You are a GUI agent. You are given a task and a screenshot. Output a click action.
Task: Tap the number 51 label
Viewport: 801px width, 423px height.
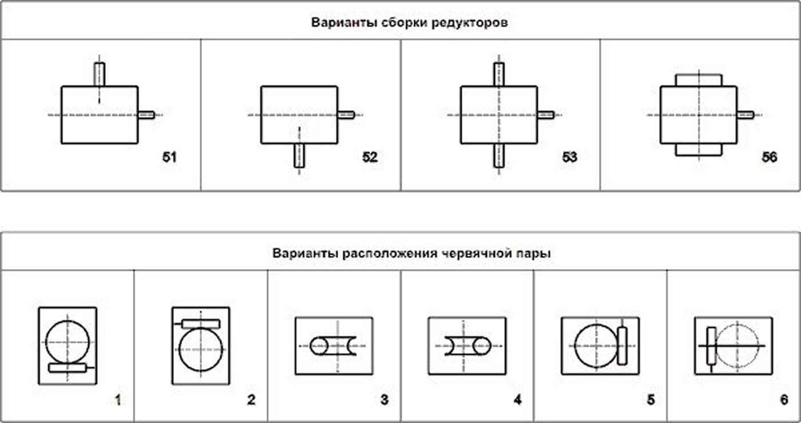click(x=169, y=157)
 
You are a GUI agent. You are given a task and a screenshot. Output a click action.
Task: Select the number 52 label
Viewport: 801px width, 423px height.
click(x=370, y=157)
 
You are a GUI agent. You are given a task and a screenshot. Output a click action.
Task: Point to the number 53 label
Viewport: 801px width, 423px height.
click(x=569, y=157)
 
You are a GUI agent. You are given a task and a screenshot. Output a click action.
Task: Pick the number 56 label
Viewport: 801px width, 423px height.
click(x=769, y=157)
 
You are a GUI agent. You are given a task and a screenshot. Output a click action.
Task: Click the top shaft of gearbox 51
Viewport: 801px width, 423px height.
click(x=100, y=74)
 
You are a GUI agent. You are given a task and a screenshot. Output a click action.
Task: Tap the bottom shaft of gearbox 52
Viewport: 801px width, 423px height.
click(x=299, y=155)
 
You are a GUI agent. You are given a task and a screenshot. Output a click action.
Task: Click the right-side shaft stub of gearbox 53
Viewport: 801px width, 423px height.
click(x=545, y=115)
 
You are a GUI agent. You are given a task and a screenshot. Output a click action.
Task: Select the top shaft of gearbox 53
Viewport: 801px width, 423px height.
click(x=499, y=74)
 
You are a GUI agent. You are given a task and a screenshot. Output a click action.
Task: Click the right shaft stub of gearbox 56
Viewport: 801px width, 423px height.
click(x=745, y=115)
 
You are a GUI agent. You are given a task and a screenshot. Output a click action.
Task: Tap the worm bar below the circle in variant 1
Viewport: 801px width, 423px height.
click(x=68, y=368)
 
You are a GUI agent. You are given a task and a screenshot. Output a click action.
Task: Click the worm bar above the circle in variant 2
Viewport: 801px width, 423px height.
click(x=200, y=324)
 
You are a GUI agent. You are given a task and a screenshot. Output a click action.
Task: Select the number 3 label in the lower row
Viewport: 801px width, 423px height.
click(x=384, y=400)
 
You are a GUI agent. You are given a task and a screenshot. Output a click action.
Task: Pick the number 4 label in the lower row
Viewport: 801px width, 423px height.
click(x=517, y=400)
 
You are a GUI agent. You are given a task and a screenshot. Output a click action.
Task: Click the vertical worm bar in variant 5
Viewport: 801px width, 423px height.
click(x=622, y=346)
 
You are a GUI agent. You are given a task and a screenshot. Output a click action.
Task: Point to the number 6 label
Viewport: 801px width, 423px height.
click(x=784, y=400)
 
